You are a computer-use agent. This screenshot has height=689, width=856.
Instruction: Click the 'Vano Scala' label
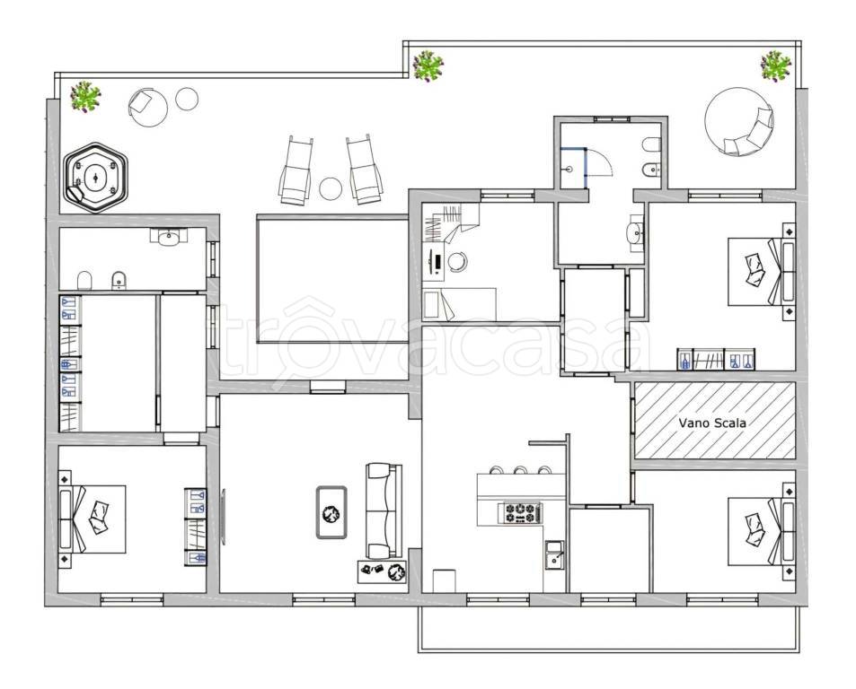click(712, 423)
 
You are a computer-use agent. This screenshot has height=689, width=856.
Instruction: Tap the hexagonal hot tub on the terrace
click(95, 178)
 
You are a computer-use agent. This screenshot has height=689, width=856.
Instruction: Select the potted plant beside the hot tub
click(85, 97)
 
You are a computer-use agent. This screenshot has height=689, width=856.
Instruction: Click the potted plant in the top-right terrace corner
click(776, 66)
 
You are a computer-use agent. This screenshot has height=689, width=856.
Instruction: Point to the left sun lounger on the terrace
click(296, 170)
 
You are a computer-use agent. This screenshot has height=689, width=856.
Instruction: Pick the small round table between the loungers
click(331, 188)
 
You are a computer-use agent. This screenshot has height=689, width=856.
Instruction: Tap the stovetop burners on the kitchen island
click(520, 513)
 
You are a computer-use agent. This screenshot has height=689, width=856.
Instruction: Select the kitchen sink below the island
click(555, 555)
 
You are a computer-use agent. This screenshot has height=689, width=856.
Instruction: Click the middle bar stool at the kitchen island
click(520, 470)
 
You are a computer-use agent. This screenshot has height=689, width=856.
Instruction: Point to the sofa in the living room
click(384, 510)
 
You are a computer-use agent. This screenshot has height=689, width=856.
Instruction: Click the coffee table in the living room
click(331, 512)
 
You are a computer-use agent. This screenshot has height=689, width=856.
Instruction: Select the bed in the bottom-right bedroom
click(761, 531)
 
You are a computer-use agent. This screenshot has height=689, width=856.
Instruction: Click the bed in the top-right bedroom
click(761, 272)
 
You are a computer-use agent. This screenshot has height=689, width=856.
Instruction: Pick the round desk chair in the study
click(457, 261)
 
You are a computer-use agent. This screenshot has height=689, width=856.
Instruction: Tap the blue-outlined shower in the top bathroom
click(574, 169)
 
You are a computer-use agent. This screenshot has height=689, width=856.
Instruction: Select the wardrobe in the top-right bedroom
click(716, 359)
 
